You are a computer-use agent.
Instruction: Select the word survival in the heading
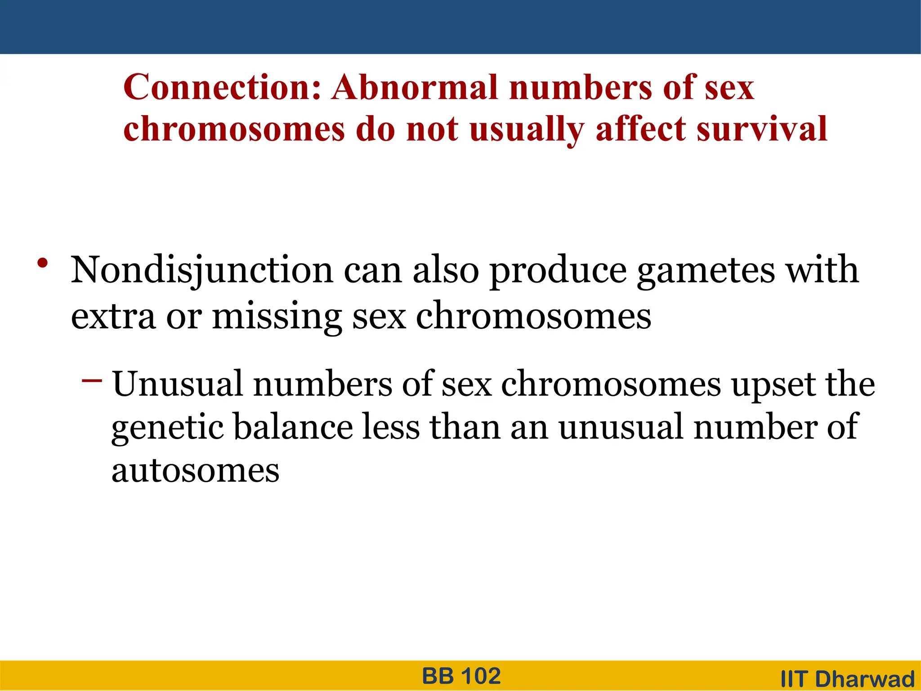coord(762,129)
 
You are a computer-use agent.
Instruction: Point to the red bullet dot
coord(43,263)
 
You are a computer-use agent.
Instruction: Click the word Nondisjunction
coord(201,271)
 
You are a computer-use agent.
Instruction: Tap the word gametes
coord(706,271)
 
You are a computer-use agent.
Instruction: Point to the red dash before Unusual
coord(92,381)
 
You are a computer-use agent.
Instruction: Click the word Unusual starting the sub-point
coord(177,384)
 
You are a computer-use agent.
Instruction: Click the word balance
coord(293,427)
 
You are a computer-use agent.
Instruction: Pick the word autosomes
coord(195,471)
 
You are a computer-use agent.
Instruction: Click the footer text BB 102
coord(461,676)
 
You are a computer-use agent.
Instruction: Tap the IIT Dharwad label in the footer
coord(848,679)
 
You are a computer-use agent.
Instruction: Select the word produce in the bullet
coord(558,271)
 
